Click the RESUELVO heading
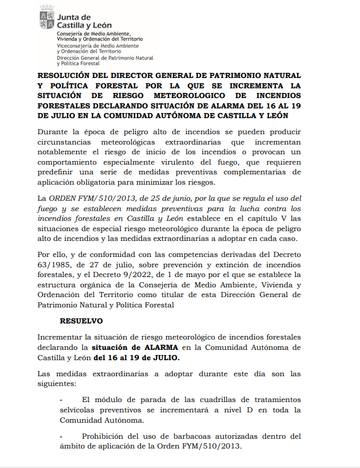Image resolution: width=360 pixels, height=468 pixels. point(81,321)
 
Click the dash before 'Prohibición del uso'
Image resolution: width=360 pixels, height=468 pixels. point(62,436)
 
